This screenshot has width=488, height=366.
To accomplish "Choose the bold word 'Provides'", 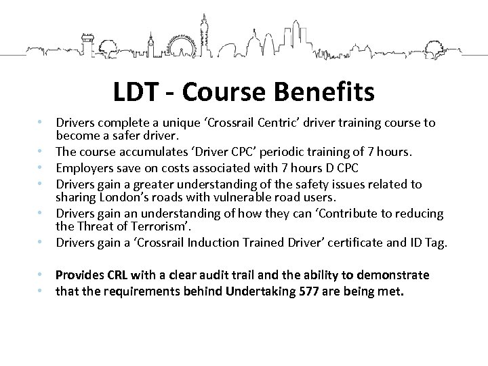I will point(83,274).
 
